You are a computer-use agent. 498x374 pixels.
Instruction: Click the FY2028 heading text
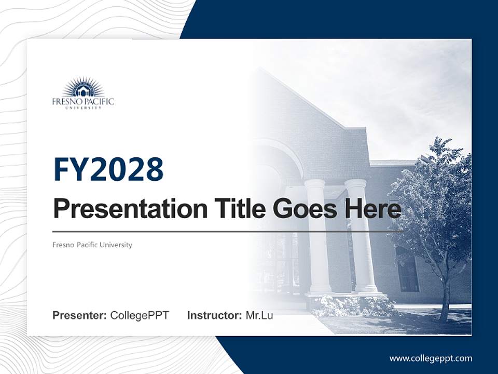tap(108, 169)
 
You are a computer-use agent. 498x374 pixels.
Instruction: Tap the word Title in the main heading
tap(237, 209)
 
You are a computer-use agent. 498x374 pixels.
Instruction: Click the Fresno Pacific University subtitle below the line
tap(92, 245)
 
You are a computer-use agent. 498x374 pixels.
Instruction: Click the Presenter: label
tap(80, 315)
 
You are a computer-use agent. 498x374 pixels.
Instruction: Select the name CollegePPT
tap(140, 315)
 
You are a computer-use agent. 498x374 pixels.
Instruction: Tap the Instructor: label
tap(214, 315)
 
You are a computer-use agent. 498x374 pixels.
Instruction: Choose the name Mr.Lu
tap(259, 315)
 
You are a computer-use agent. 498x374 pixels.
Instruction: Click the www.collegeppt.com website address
tap(431, 358)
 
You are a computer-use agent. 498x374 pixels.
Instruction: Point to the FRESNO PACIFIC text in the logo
tap(83, 101)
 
